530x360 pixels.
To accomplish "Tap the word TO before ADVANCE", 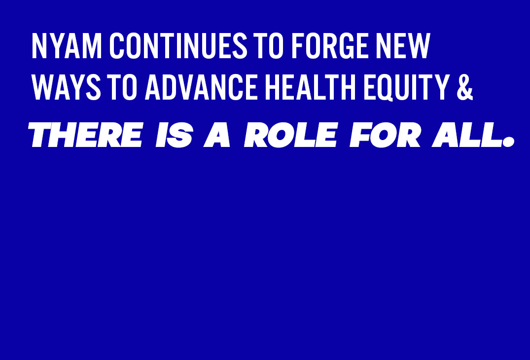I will tap(123, 89).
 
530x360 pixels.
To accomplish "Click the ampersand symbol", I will tap(464, 89).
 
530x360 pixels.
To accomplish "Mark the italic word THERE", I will tap(85, 135).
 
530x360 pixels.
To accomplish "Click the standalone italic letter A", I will tap(217, 135).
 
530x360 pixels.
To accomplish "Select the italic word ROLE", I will tap(291, 135).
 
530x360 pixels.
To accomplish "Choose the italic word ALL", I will tap(466, 135).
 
